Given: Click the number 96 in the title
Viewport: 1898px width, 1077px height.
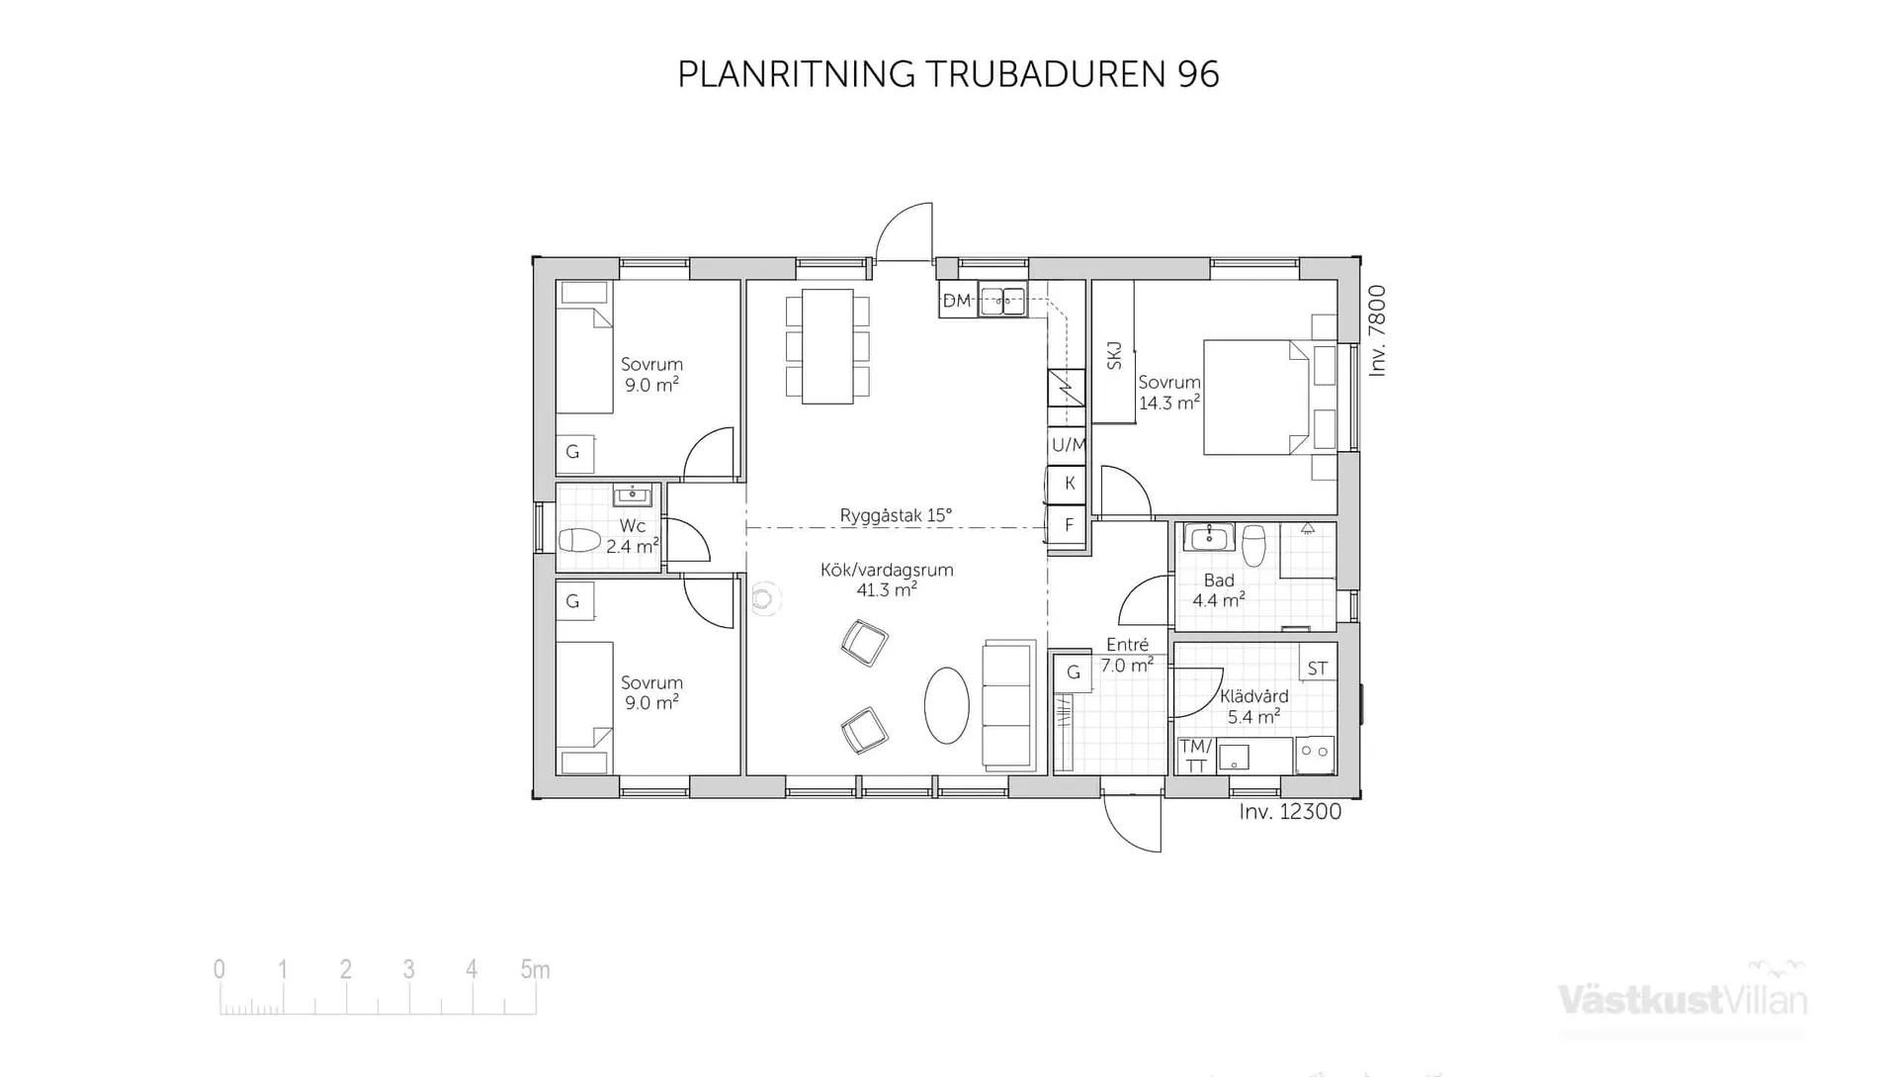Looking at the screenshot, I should (x=1198, y=75).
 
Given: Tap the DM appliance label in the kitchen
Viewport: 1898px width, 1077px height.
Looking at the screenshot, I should (x=956, y=301).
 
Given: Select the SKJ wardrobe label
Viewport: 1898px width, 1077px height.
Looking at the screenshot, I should (x=1114, y=356).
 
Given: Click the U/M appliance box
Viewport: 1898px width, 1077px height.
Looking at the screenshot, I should (x=1068, y=445).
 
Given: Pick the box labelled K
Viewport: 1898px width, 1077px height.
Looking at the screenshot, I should (x=1069, y=484).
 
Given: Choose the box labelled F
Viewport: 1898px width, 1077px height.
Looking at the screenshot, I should (x=1069, y=525).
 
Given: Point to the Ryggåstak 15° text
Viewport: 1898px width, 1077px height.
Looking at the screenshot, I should (x=896, y=515).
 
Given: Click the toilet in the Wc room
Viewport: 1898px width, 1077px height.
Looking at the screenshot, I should (x=580, y=541).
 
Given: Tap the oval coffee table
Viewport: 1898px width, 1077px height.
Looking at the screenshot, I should (x=946, y=705).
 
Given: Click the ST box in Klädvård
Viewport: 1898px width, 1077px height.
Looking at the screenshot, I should (x=1317, y=669).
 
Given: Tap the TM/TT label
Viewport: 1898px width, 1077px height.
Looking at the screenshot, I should (x=1195, y=757).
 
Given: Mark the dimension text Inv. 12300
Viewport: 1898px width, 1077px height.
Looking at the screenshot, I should (x=1290, y=812).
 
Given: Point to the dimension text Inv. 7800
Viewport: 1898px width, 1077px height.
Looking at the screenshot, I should (x=1378, y=330).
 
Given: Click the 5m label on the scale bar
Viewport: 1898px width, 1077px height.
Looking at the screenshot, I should (x=535, y=970).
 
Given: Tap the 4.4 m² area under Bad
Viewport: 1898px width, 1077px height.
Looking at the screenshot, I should (x=1218, y=600).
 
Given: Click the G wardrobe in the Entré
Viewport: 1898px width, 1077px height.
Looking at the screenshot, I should (x=1073, y=673).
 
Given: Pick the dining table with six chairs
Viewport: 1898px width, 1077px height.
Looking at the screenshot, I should (x=827, y=346).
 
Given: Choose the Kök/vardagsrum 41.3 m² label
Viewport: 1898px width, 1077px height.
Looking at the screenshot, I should (x=887, y=581).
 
